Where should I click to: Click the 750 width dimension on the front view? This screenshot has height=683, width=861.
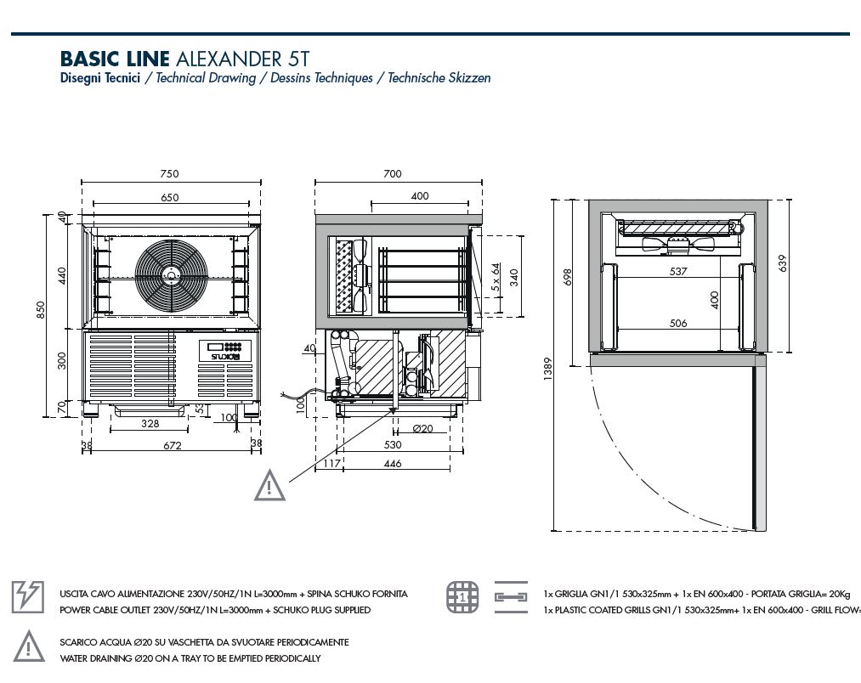pos(169,173)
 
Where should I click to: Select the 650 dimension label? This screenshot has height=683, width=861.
pos(169,197)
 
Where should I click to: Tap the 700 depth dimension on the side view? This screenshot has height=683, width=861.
pos(392,173)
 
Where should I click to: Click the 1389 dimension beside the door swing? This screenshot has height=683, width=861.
pos(548,367)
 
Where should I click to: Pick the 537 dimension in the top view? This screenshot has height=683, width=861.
pos(677,272)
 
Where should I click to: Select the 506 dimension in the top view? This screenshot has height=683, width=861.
pos(677,323)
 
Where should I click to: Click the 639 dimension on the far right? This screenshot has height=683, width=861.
pos(783,263)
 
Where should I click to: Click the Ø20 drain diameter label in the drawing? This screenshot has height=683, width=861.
pos(422,428)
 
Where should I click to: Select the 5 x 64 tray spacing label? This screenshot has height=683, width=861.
pos(496,278)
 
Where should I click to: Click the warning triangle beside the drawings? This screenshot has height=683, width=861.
pos(269,485)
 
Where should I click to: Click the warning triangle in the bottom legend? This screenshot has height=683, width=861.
pos(27,646)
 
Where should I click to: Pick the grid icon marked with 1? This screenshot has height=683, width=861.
pos(462,598)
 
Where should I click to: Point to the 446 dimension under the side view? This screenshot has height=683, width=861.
pos(392,464)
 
